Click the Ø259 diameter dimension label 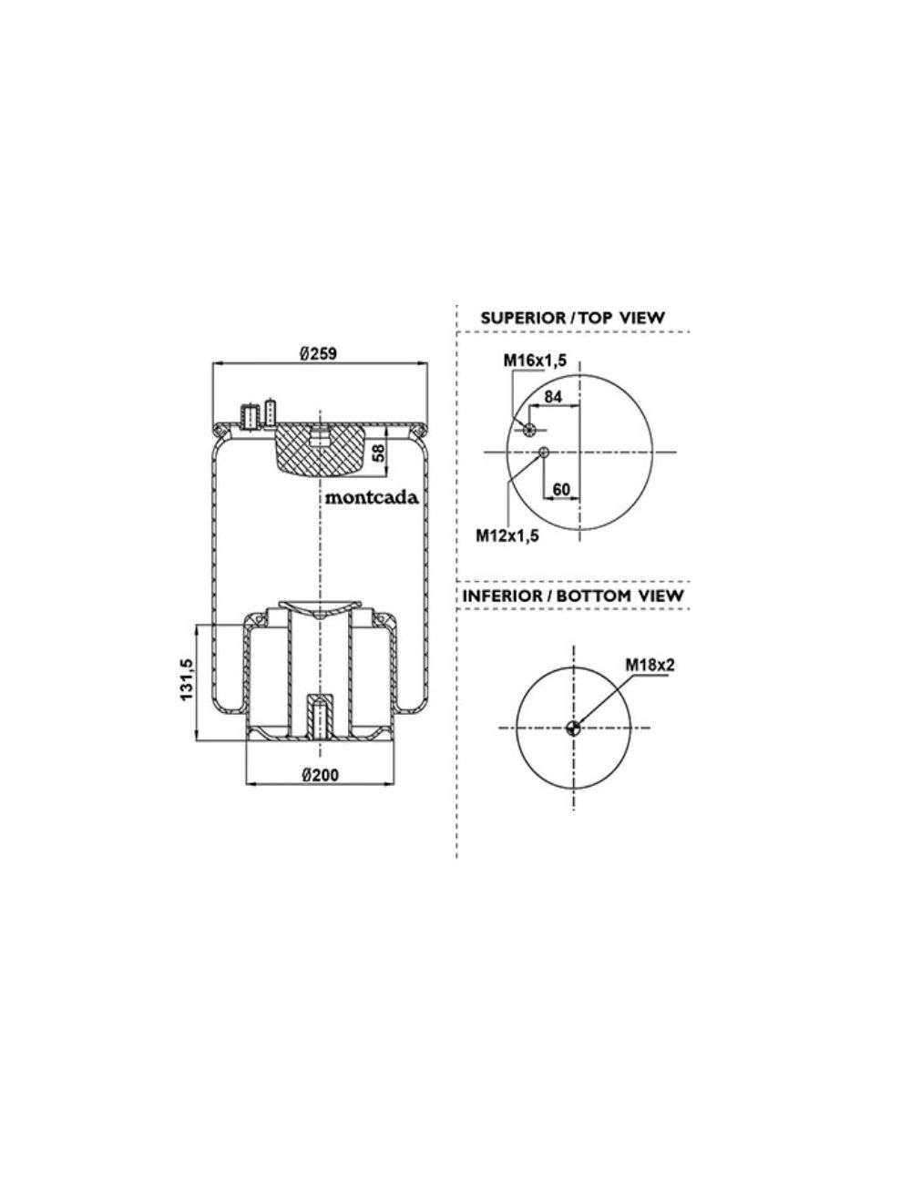click(x=319, y=354)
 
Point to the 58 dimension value click(x=377, y=453)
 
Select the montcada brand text click(x=372, y=497)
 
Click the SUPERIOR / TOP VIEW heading click(x=572, y=318)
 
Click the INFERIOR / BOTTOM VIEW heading click(x=573, y=596)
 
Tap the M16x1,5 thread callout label click(x=535, y=361)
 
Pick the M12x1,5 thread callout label click(x=507, y=535)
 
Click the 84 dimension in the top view click(x=552, y=396)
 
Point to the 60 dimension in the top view click(x=561, y=489)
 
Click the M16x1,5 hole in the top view click(x=527, y=430)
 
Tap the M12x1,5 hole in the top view click(x=544, y=453)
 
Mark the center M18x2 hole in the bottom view click(x=573, y=727)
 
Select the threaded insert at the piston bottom click(x=318, y=716)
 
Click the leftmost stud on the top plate click(x=247, y=417)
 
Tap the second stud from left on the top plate click(x=271, y=413)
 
